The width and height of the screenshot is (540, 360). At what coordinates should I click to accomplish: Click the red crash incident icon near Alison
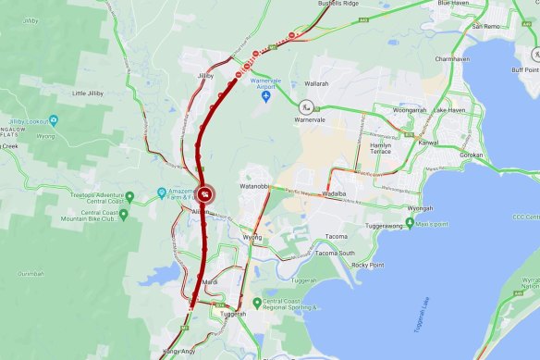[x=205, y=194]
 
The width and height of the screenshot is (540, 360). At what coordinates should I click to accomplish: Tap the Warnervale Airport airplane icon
[x=266, y=95]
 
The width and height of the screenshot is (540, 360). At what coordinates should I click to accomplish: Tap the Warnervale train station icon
[x=304, y=107]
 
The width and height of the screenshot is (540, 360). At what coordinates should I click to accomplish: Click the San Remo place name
[x=486, y=26]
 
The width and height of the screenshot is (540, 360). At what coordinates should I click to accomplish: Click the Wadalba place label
[x=339, y=195]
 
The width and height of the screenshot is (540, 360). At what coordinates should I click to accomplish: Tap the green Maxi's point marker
[x=409, y=223]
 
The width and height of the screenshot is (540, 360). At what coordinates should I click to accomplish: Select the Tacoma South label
[x=334, y=253]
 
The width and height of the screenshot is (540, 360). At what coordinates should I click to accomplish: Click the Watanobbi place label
[x=255, y=186]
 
